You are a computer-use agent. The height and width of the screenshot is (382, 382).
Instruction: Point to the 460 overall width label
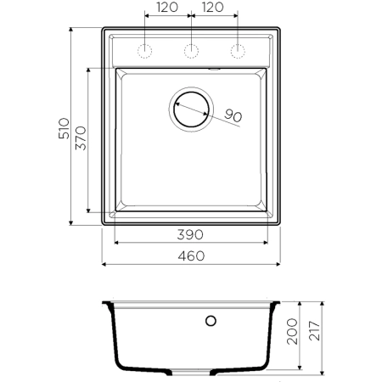(192, 256)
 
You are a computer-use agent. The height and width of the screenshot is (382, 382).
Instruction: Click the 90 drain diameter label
(234, 115)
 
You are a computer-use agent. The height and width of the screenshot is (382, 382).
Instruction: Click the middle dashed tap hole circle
(192, 48)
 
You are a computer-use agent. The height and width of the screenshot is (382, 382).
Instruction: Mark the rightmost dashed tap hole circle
(239, 48)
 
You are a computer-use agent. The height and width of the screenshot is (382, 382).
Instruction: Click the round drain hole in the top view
(192, 109)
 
